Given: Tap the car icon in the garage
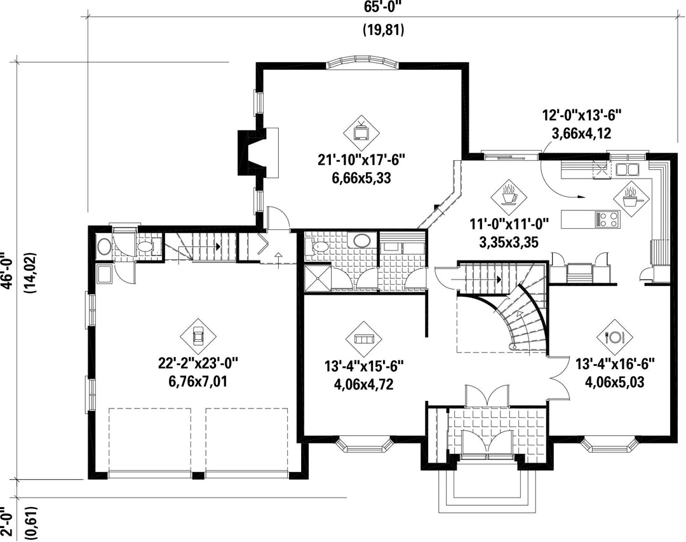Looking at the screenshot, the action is pos(199,337).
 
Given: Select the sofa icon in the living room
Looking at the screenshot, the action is pos(363,339).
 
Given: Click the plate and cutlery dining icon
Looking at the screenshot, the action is pos(615,337).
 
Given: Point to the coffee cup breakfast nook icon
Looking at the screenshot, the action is pos(509,196).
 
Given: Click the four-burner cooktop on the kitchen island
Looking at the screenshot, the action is pos(607,219).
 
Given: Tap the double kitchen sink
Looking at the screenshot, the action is pos(628,168).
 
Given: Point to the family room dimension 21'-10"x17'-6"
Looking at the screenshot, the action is pos(362,159).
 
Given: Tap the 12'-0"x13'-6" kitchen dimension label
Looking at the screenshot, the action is pos(582,115).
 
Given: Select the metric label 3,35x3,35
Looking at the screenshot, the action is pos(509,241).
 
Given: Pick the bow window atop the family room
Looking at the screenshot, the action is pos(363,63).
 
